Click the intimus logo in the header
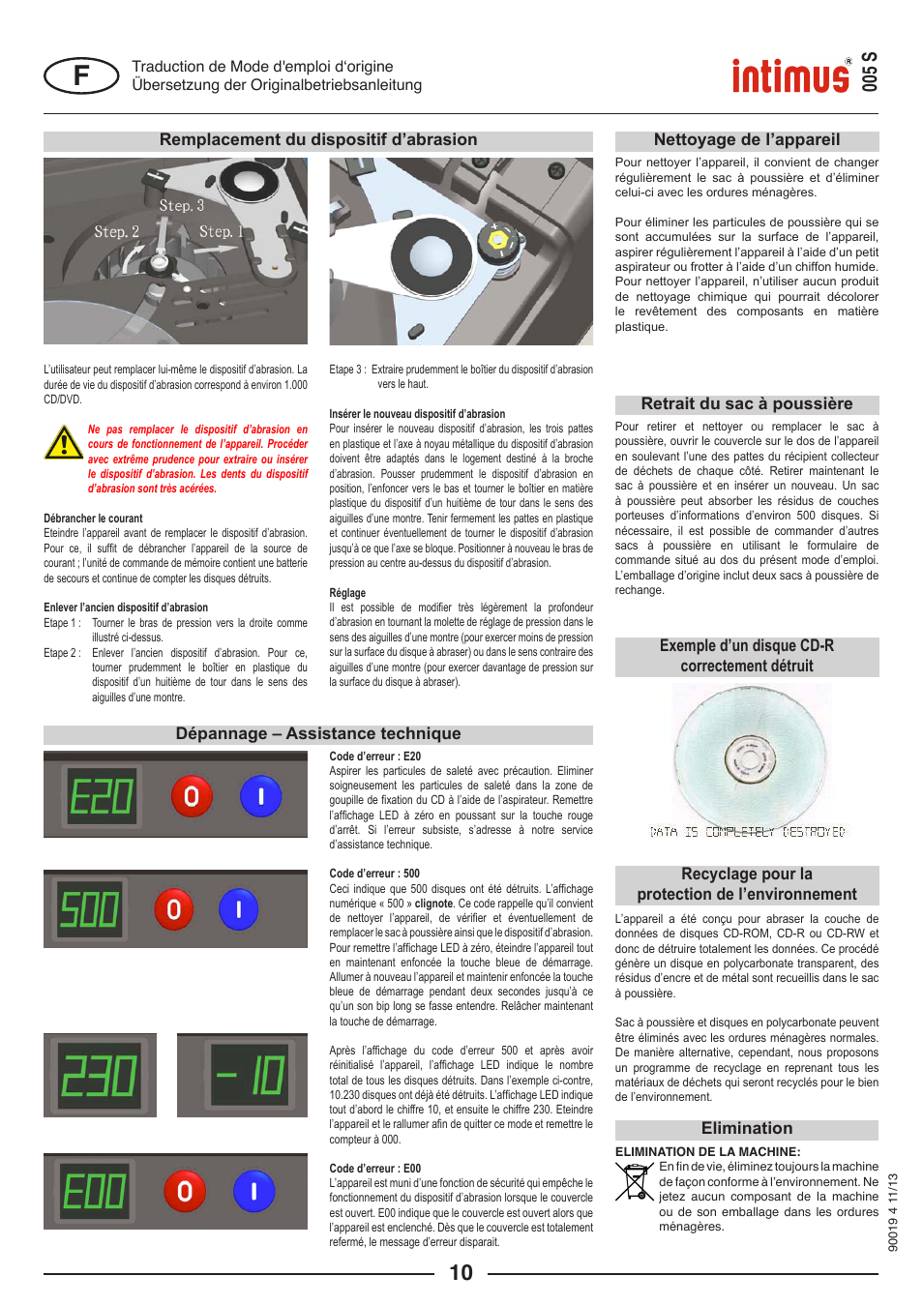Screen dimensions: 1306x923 790,75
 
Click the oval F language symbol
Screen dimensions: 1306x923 81,75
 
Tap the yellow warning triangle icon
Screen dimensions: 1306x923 64,443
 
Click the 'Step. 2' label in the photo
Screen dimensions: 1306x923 116,232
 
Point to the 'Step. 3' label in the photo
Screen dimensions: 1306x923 181,206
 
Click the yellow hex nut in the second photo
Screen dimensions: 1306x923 498,239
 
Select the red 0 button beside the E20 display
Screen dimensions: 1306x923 192,796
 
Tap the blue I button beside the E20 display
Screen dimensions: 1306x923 260,796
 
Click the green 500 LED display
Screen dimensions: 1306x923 90,909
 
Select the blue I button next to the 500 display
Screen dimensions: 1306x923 238,909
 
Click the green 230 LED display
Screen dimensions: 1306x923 100,1076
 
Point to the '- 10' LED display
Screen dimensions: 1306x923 249,1075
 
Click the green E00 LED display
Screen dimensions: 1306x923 94,1191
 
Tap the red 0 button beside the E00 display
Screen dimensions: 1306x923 185,1191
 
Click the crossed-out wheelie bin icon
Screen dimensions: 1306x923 635,1182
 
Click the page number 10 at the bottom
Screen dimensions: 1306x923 461,1273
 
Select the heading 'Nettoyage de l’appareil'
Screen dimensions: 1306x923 746,140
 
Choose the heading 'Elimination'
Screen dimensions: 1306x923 746,1129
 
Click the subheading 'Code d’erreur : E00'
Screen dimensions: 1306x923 375,1169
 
